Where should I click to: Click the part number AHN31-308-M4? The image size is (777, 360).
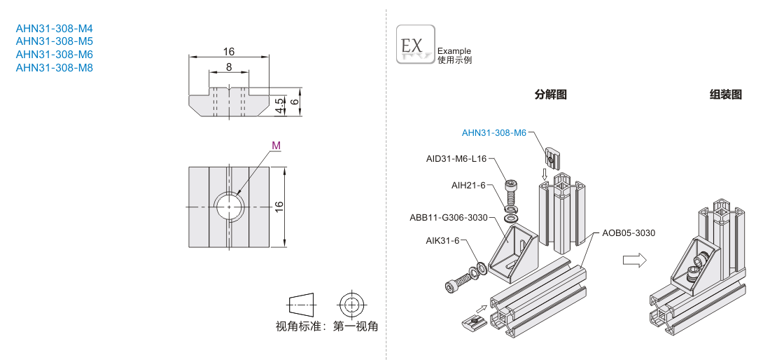[54, 29]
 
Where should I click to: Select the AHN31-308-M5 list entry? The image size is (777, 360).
[54, 41]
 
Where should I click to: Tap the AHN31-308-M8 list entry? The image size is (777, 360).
[54, 68]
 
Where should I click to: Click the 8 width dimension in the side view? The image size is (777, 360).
[229, 67]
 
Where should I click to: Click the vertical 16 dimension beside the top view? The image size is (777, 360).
[279, 207]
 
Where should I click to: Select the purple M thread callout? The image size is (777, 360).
[276, 146]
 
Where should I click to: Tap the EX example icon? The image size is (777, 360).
[415, 45]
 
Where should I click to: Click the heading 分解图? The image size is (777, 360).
[550, 95]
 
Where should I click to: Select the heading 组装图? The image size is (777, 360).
[725, 95]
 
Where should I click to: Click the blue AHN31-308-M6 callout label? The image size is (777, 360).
[493, 133]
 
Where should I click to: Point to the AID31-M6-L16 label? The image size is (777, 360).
[456, 159]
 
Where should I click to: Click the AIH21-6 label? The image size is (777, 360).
[468, 185]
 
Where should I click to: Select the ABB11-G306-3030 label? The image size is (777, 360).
[448, 217]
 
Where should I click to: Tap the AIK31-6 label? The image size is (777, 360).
[442, 240]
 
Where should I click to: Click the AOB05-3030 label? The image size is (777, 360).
[628, 233]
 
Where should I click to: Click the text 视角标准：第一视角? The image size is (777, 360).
[327, 326]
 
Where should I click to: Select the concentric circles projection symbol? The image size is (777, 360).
[351, 304]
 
